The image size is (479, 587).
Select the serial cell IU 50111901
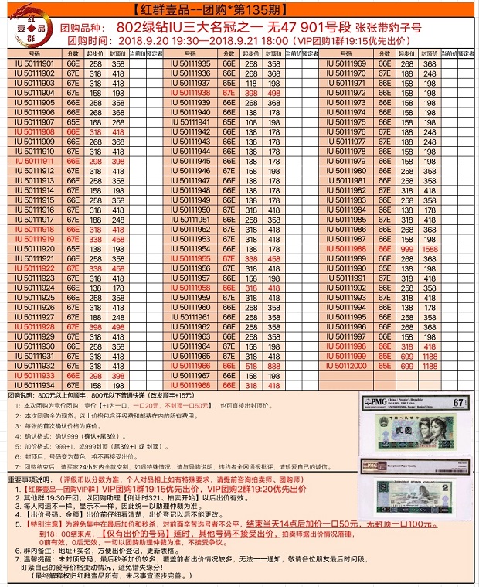[35, 63]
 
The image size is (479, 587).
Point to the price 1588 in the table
[431, 250]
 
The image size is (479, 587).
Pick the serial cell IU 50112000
[345, 366]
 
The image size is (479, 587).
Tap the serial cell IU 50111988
[345, 250]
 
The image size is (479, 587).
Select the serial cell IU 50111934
[35, 385]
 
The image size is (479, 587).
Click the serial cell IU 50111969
[345, 63]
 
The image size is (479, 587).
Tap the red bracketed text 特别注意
[45, 524]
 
